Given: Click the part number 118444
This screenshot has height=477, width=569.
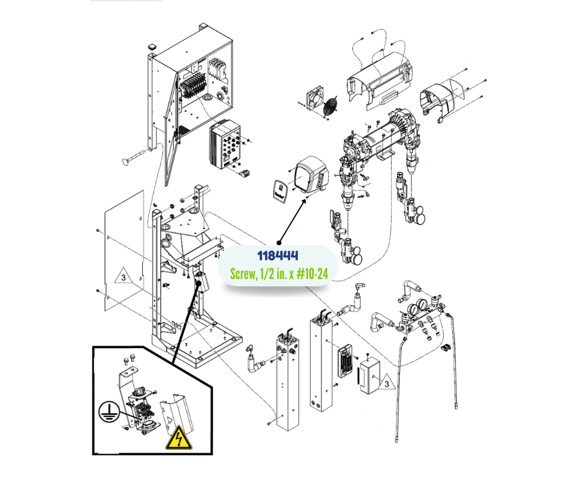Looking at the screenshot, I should click(x=278, y=256).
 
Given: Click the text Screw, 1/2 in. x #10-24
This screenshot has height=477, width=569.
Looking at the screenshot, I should click(x=279, y=274).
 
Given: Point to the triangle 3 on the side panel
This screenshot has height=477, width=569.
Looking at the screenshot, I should click(x=122, y=278).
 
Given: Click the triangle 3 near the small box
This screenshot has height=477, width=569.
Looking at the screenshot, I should click(x=386, y=383).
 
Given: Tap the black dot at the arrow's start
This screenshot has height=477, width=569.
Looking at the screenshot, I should click(x=278, y=242).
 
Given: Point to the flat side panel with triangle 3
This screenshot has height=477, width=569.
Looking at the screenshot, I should click(x=124, y=254).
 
